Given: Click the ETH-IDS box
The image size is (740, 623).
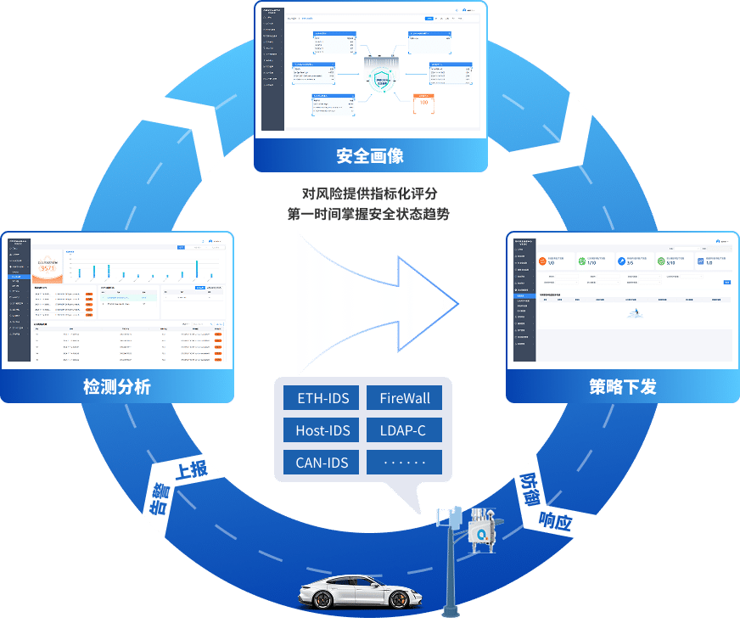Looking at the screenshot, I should [322, 398].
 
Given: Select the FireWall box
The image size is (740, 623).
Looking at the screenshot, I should [405, 398].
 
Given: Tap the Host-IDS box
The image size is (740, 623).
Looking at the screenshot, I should [322, 430].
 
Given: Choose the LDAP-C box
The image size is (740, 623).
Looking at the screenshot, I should [405, 430].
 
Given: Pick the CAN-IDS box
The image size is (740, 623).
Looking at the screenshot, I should [322, 463].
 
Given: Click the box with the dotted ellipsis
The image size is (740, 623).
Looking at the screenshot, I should [405, 463].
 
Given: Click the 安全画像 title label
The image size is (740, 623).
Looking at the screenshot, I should [370, 156].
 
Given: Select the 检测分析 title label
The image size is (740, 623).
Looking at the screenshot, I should [116, 387].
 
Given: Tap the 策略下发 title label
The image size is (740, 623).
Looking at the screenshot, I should [622, 387].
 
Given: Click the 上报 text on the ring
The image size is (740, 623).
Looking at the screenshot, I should [191, 469].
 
